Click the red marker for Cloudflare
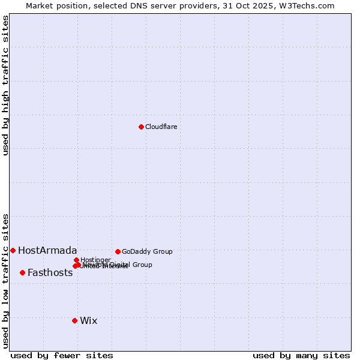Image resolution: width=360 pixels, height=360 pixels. coord(141,127)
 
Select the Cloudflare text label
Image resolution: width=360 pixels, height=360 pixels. coord(161,127)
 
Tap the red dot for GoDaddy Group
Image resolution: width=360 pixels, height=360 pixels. coord(118,251)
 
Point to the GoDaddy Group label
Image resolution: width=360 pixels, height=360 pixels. coord(147,251)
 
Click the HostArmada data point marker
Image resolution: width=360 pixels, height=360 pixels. coord(13,250)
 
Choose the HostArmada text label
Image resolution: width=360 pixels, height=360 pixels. coord(47,250)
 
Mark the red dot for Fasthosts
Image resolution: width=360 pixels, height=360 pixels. coord(22,272)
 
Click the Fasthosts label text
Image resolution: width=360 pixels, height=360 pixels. coord(50,272)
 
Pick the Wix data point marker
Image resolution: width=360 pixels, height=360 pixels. coord(74,320)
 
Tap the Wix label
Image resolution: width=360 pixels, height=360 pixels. coord(88,320)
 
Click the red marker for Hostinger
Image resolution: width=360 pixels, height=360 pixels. coord(76,260)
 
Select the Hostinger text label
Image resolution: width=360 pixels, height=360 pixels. coord(95,260)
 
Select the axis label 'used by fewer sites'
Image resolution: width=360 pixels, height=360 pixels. coord(62,355)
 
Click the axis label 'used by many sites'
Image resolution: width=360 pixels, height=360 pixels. coord(301,355)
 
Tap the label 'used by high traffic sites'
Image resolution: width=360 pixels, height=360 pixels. coord(5,85)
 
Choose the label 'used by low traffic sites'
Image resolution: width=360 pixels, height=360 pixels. coord(5,281)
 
